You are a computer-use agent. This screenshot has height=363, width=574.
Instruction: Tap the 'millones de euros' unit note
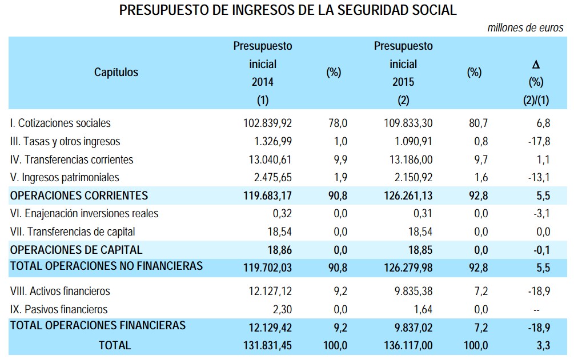[x=525, y=28]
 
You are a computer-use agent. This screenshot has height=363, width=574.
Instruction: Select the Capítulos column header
[x=116, y=72]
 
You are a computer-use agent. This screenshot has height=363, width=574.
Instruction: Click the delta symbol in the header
[x=536, y=65]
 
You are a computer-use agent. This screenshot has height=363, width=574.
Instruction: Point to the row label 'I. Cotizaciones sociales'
[x=61, y=123]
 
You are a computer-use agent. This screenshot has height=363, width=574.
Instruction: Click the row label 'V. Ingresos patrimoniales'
[x=65, y=177]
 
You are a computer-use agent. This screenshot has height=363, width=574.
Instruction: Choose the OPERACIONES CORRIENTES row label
[x=79, y=196]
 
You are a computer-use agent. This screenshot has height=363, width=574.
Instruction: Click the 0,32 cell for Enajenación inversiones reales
[x=283, y=214]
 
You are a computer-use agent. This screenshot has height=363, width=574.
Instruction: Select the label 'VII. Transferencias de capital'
[x=73, y=232]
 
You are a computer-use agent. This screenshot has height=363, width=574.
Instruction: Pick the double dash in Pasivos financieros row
[x=546, y=309]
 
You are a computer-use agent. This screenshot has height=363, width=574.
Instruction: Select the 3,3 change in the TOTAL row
[x=544, y=345]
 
